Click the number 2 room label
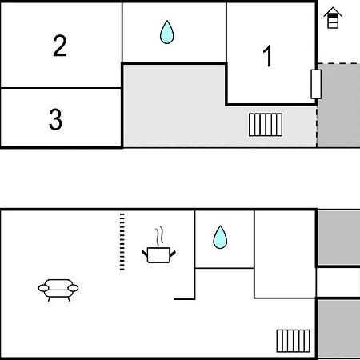(60, 46)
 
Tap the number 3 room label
(55, 119)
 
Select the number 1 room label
(267, 56)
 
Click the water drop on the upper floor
(167, 32)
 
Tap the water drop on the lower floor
(220, 238)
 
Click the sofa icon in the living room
(58, 290)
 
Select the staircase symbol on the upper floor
(266, 125)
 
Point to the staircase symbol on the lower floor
(293, 341)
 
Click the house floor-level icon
(333, 18)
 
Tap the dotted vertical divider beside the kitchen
(122, 242)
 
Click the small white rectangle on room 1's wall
(316, 84)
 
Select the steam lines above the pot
(159, 236)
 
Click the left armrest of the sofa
(43, 288)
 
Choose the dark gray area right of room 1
(338, 106)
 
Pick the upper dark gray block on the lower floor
(338, 238)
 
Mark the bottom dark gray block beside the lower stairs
(338, 329)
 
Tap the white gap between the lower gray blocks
(338, 282)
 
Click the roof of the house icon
(333, 12)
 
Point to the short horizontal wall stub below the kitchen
(184, 299)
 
